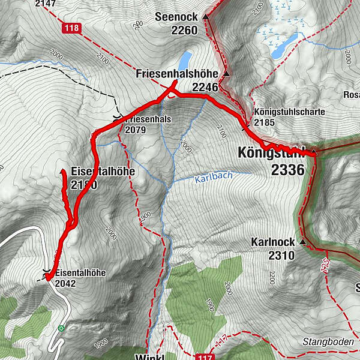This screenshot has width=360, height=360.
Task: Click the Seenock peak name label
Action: tap(176, 16)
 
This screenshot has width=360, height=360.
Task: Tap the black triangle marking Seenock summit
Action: tap(205, 17)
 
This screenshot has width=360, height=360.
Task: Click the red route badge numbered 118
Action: tap(71, 27)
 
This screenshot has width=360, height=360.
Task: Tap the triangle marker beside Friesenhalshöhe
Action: tap(226, 74)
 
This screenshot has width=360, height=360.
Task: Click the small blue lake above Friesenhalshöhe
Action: tap(185, 59)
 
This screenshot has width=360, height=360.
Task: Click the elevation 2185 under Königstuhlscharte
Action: tap(263, 122)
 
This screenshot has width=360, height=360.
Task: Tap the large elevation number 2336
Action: tap(287, 170)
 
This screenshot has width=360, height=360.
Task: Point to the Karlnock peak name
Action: tap(273, 242)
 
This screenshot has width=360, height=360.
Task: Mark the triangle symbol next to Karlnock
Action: tap(302, 242)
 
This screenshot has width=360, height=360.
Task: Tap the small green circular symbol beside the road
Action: tap(61, 328)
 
